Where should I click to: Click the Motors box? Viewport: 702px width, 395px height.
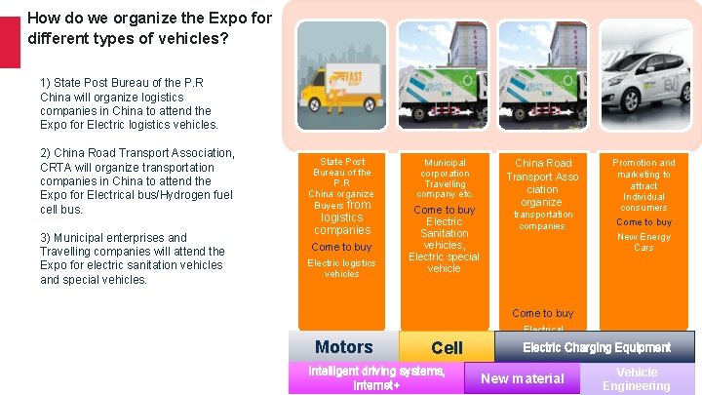tap(343, 347)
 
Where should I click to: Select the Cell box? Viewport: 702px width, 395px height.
tap(447, 348)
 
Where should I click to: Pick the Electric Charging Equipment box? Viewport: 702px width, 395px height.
tap(597, 347)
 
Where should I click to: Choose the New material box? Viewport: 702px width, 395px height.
tap(524, 378)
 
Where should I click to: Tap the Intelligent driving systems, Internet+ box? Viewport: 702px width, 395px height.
tap(376, 378)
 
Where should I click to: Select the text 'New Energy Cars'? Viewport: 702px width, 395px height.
tap(643, 242)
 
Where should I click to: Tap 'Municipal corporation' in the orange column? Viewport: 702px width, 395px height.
tap(445, 168)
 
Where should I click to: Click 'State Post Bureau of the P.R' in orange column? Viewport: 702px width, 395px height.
tap(342, 173)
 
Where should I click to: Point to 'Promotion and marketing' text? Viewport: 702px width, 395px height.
tap(643, 169)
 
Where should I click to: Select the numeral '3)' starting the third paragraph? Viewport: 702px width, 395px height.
tap(47, 237)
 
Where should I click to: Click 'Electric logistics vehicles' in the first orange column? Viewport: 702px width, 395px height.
tap(341, 268)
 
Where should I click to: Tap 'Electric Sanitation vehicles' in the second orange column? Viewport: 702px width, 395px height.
tap(445, 233)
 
